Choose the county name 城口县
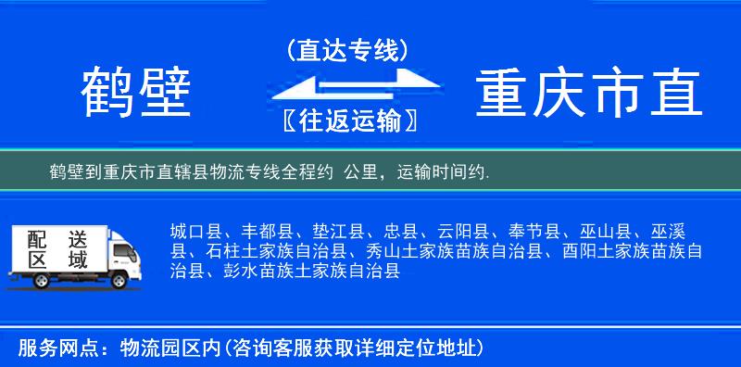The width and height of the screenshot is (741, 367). click(x=195, y=231)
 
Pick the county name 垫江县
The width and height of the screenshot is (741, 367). click(x=340, y=231)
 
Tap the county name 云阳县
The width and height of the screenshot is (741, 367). click(x=466, y=231)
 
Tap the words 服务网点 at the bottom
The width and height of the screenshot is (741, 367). click(x=49, y=348)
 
